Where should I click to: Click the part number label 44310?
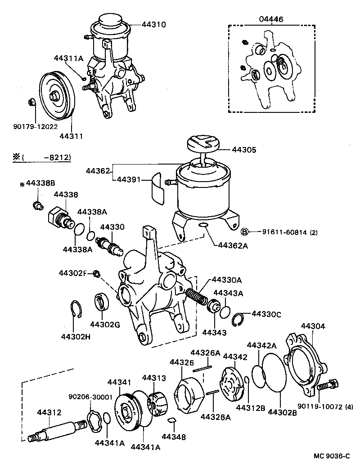pyautogui.click(x=154, y=24)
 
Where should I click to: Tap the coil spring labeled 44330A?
pyautogui.click(x=199, y=298)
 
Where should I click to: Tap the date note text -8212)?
pyautogui.click(x=58, y=157)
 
